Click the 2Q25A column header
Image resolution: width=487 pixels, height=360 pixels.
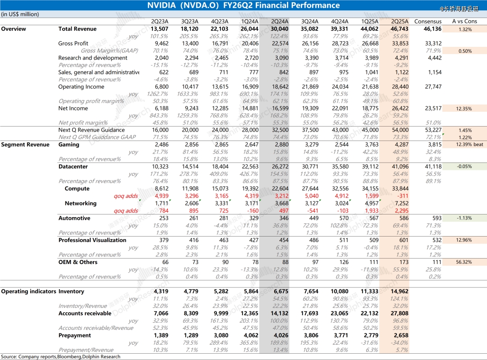(x=400, y=21)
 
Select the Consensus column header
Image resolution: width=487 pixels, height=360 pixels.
(x=428, y=21)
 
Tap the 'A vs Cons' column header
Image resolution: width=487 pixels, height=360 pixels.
(x=464, y=21)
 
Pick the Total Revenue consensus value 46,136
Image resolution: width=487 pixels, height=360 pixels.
(x=432, y=29)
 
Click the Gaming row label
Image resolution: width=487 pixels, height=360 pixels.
(x=69, y=145)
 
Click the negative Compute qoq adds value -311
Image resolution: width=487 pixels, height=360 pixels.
(x=402, y=196)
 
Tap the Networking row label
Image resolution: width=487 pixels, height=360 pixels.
(x=80, y=203)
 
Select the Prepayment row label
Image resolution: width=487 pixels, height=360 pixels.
(x=74, y=335)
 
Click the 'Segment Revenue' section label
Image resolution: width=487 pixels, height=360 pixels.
(x=25, y=145)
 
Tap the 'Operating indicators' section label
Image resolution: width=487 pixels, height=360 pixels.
(x=28, y=292)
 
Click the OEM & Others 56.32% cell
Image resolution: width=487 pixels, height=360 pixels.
(x=464, y=262)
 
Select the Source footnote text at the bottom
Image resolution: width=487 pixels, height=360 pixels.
(x=60, y=356)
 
